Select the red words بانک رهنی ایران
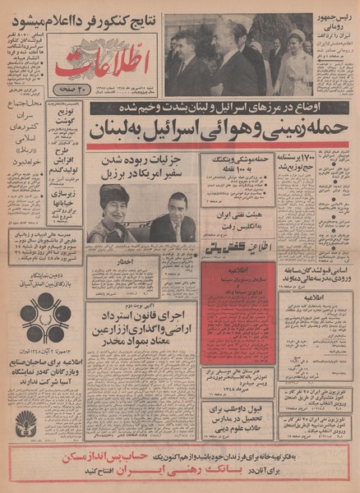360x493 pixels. pos(178,476)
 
